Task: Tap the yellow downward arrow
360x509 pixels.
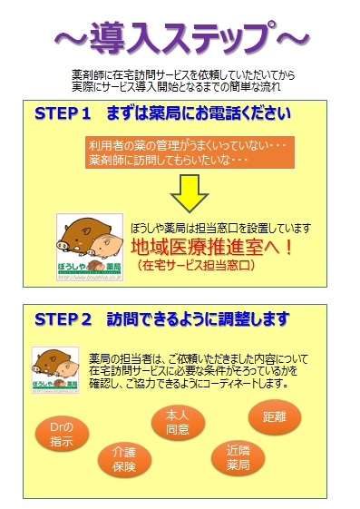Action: (x=190, y=188)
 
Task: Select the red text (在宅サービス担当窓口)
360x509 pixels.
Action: (x=197, y=267)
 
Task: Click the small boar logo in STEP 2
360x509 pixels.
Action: (x=55, y=370)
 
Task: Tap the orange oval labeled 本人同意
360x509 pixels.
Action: (x=177, y=423)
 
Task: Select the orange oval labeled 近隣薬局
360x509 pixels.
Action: (x=238, y=457)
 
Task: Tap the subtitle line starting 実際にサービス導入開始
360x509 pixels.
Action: (x=182, y=87)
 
